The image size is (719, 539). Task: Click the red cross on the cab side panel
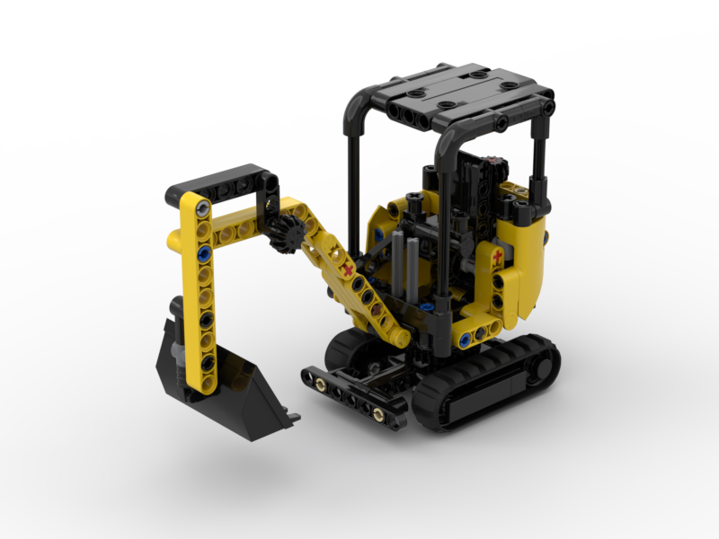pos(498,259)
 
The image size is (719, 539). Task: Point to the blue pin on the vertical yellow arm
pos(204,253)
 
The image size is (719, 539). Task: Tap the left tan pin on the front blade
pos(320,384)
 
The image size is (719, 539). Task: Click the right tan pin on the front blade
pos(379,415)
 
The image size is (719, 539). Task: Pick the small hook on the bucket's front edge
pos(291,416)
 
